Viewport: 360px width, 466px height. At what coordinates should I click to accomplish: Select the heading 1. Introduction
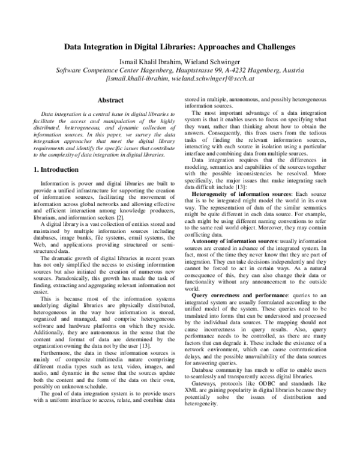pos(58,170)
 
